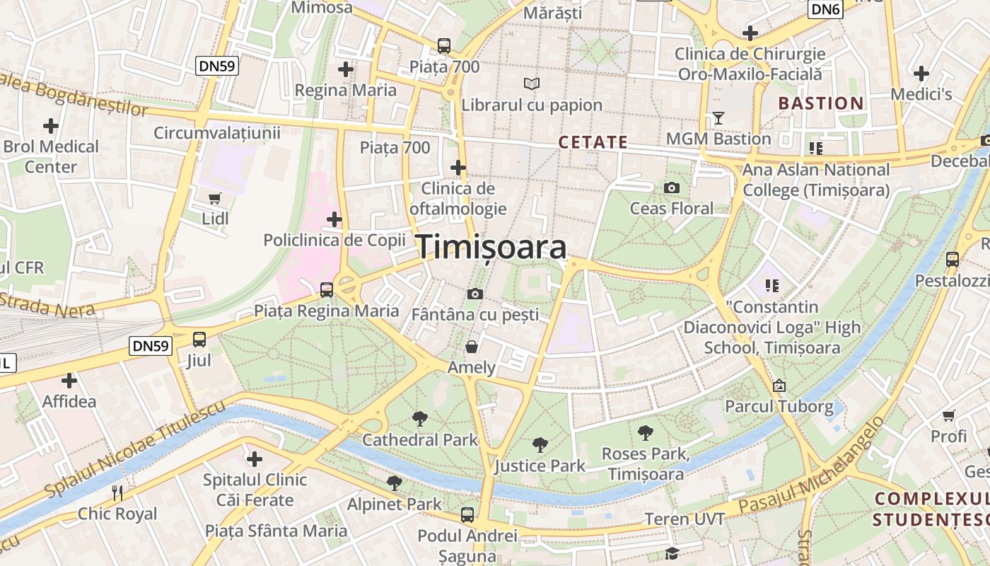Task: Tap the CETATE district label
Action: pyautogui.click(x=593, y=142)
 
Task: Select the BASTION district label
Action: pyautogui.click(x=821, y=103)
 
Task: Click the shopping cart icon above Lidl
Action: pyautogui.click(x=215, y=199)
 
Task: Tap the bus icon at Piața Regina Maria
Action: pyautogui.click(x=326, y=289)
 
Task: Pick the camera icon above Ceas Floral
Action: pyautogui.click(x=672, y=187)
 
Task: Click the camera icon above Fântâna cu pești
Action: pyautogui.click(x=475, y=294)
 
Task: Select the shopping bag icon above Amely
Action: pyautogui.click(x=471, y=347)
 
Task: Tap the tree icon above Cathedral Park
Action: pyautogui.click(x=420, y=419)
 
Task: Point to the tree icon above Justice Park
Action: pyautogui.click(x=540, y=445)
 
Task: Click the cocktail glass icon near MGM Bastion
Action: pyautogui.click(x=718, y=118)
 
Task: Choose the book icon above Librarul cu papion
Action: pyautogui.click(x=532, y=84)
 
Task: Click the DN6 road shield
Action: pyautogui.click(x=826, y=9)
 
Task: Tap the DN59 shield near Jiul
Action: pyautogui.click(x=151, y=346)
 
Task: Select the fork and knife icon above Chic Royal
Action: pyautogui.click(x=118, y=492)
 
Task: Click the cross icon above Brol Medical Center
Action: pyautogui.click(x=51, y=126)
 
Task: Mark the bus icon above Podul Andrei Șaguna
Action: pyautogui.click(x=467, y=514)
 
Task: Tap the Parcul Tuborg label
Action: pyautogui.click(x=779, y=407)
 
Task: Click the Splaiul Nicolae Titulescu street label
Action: pyautogui.click(x=134, y=448)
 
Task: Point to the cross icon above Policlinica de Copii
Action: pyautogui.click(x=334, y=219)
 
